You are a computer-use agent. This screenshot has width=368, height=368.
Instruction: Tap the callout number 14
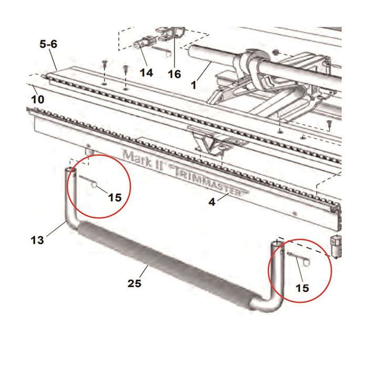[147, 73]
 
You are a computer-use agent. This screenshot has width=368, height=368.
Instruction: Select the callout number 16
[174, 74]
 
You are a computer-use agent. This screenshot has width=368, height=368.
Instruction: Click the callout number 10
[37, 99]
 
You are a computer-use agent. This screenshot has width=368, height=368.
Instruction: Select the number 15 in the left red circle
[115, 198]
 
